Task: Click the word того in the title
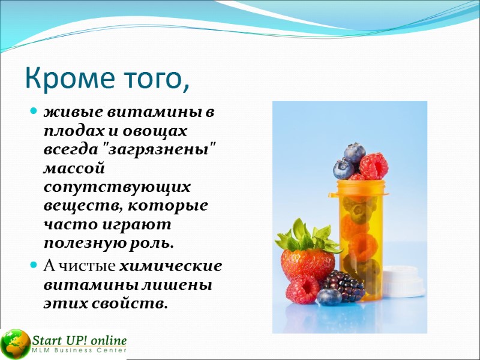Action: [x=151, y=80]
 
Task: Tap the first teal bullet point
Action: [x=34, y=112]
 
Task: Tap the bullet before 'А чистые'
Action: [x=34, y=265]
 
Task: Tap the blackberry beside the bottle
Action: [x=343, y=284]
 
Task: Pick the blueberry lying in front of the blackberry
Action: [x=329, y=296]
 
